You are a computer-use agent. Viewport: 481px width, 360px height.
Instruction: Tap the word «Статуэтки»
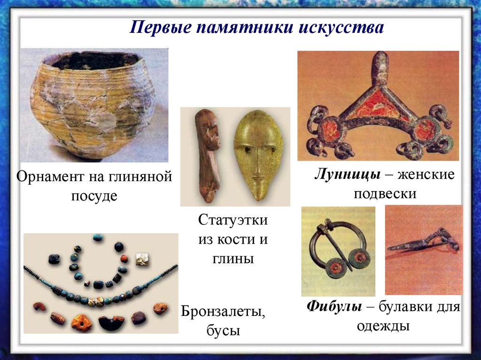click(233, 221)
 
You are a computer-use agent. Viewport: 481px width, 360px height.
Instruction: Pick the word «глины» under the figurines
click(233, 258)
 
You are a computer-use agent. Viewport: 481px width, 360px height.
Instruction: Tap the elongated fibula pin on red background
click(423, 242)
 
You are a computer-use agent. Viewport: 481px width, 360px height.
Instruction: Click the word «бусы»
click(223, 331)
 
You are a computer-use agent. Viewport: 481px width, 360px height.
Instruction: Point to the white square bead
click(142, 259)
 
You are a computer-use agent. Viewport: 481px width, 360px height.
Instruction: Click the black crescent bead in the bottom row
click(111, 322)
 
